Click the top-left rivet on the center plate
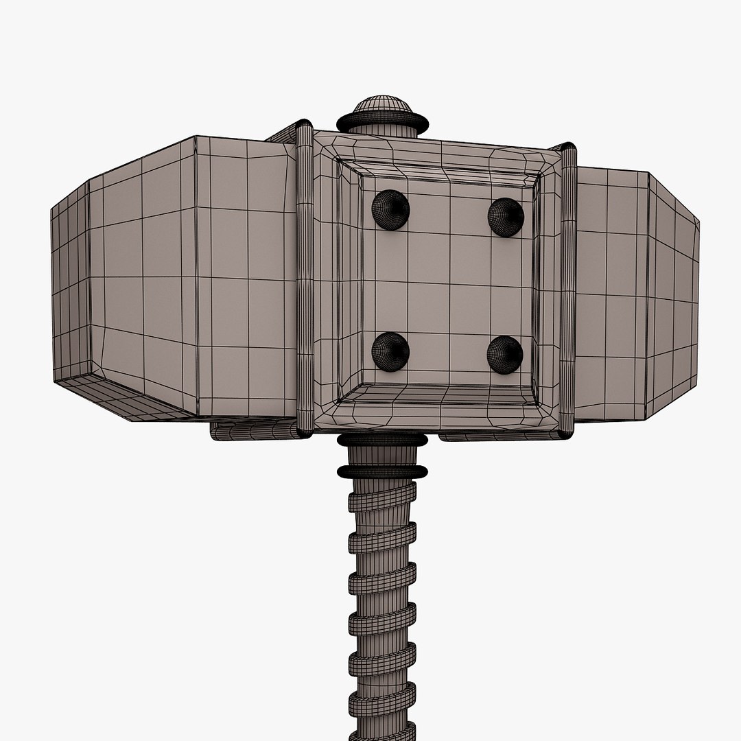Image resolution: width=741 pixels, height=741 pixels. tap(390, 210)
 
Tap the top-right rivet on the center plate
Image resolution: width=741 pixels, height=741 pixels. tap(506, 217)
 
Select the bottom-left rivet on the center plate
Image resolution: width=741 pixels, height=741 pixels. tap(390, 351)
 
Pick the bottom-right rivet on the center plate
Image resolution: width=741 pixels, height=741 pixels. tap(505, 355)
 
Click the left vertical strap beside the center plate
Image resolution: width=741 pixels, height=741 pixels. tap(305, 281)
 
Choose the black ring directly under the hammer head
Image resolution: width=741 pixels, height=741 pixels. tap(382, 439)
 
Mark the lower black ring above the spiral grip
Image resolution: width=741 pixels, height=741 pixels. tap(382, 471)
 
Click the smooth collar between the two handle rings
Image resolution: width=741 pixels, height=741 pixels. tap(382, 456)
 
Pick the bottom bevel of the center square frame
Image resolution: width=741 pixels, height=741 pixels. tap(439, 396)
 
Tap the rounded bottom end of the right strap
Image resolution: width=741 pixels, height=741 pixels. tap(567, 432)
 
